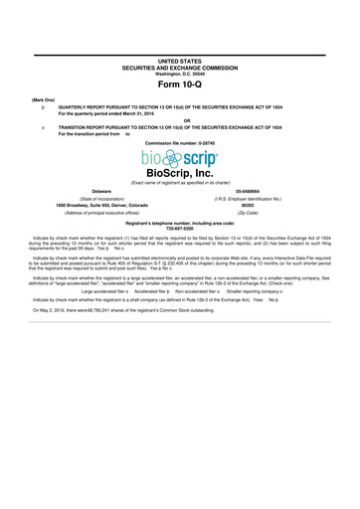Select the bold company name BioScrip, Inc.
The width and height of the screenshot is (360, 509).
179,173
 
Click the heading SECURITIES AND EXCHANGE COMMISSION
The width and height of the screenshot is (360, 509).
179,68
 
